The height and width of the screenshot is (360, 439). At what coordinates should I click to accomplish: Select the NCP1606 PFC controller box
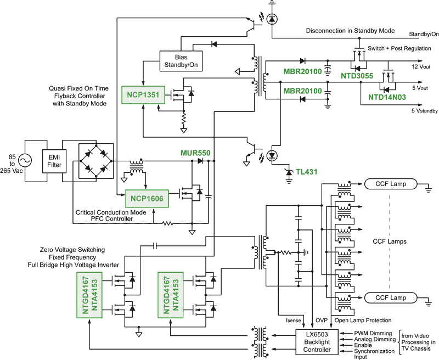pos(147,197)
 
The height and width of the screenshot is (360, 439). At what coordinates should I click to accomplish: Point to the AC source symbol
pos(25,160)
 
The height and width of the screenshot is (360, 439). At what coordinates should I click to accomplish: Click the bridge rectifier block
pos(94,160)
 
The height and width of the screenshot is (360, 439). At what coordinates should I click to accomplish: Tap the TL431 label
pos(307,172)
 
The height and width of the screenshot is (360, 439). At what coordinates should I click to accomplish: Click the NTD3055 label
pos(356,75)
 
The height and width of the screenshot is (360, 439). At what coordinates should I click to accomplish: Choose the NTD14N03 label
pos(387,97)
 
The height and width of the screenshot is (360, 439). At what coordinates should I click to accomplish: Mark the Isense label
pos(295,320)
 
